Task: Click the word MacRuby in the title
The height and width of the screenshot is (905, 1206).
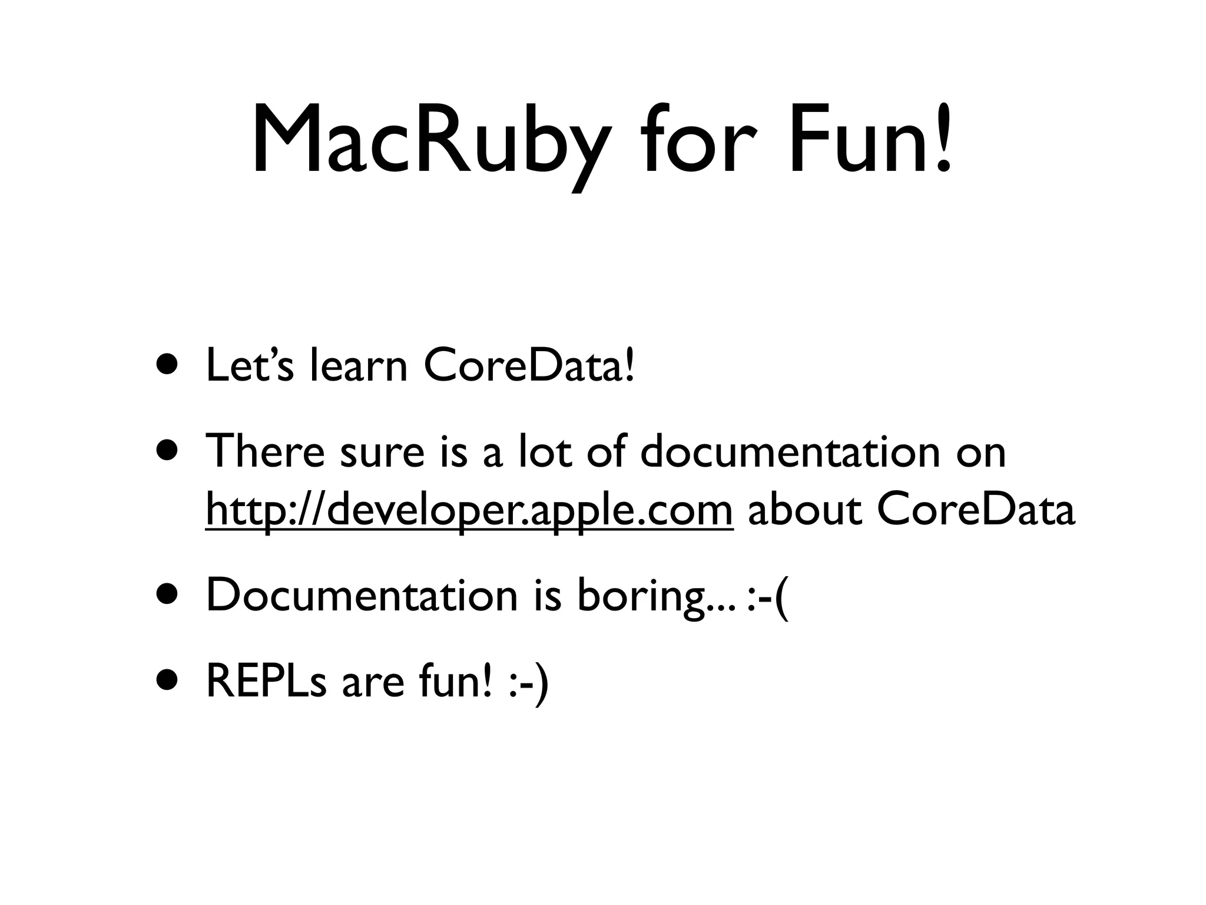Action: click(428, 141)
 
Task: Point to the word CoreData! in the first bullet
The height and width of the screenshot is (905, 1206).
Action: click(529, 365)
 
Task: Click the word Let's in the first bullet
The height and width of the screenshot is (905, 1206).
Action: click(249, 365)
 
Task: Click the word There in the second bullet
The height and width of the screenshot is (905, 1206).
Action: click(264, 451)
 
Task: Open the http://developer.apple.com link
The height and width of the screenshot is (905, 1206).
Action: click(469, 510)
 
